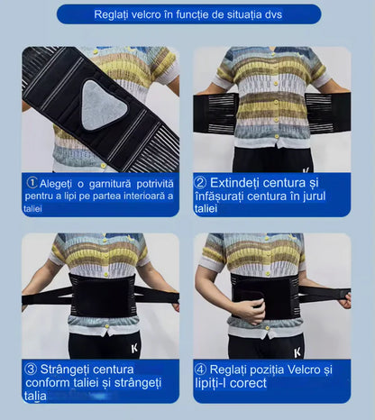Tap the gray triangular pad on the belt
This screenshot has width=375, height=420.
pyautogui.click(x=102, y=105)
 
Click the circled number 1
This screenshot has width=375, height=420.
pyautogui.click(x=32, y=183)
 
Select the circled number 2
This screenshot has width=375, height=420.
pyautogui.click(x=200, y=183)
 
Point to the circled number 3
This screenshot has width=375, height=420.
pyautogui.click(x=31, y=369)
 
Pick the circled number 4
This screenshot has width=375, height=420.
pyautogui.click(x=200, y=370)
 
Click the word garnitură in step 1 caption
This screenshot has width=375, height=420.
pyautogui.click(x=110, y=184)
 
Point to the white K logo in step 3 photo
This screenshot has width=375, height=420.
pyautogui.click(x=134, y=349)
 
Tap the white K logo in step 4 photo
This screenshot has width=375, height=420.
pyautogui.click(x=297, y=352)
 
